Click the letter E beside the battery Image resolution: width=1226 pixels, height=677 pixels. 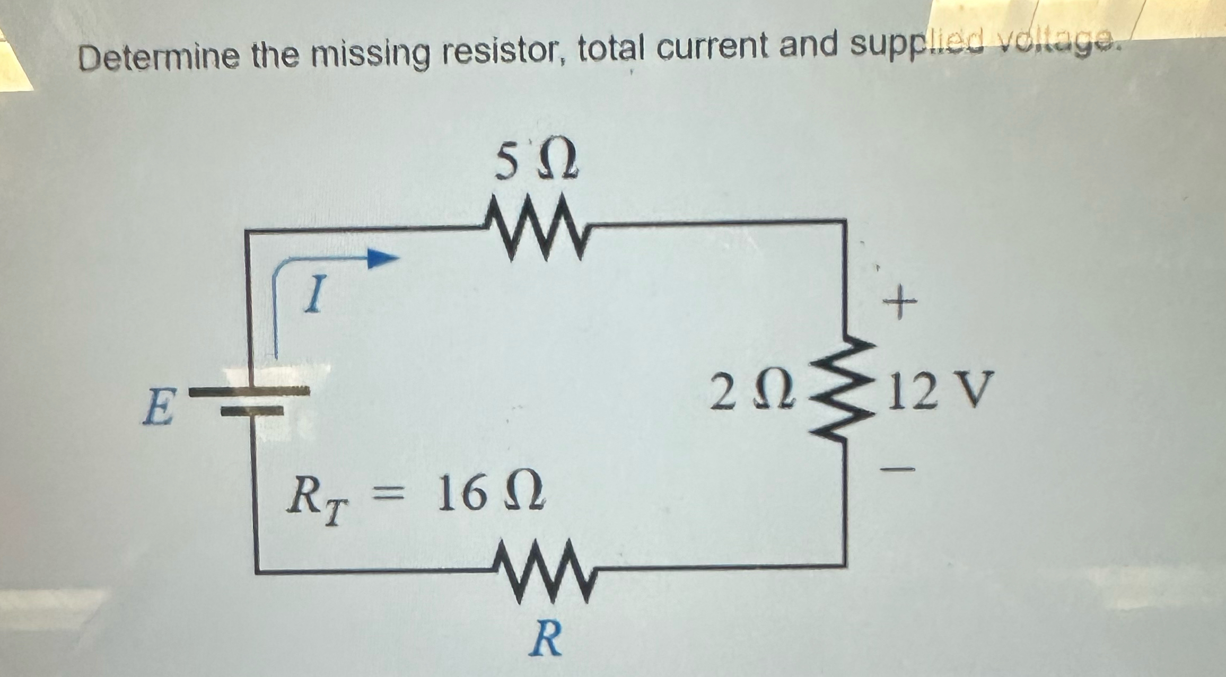(x=157, y=407)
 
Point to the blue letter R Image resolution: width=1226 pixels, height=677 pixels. (x=545, y=639)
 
